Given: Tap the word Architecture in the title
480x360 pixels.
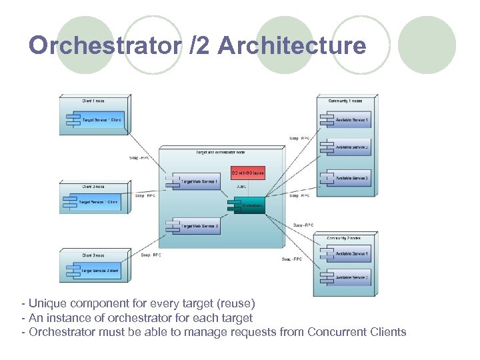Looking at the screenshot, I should (x=292, y=45).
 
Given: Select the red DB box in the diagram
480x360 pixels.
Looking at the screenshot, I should (x=247, y=173).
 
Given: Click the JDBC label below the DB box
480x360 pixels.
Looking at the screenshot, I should (x=241, y=186).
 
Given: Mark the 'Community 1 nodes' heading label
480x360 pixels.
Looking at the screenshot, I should (x=345, y=100).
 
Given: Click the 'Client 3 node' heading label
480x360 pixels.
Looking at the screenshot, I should (x=93, y=255).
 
